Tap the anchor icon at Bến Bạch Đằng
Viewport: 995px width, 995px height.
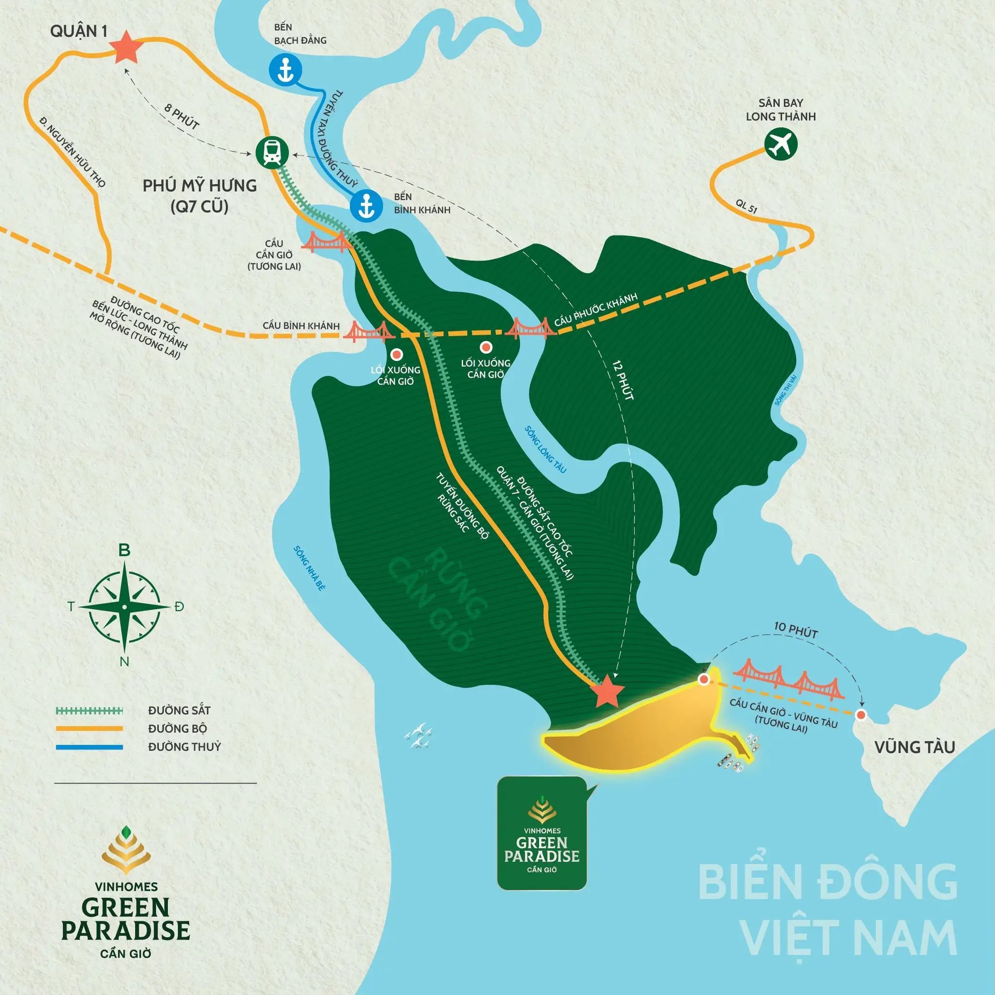[x=285, y=69]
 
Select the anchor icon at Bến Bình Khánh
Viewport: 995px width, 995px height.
[x=366, y=206]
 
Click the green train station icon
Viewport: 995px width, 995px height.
[x=272, y=153]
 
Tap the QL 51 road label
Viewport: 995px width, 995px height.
[x=746, y=206]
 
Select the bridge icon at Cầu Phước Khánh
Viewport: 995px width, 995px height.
[x=530, y=327]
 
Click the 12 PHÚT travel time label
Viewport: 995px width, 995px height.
[x=623, y=380]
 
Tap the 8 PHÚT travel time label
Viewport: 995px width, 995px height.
[x=181, y=116]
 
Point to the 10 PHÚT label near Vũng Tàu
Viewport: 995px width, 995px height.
[x=796, y=630]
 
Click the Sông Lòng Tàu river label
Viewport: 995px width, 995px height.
[x=545, y=449]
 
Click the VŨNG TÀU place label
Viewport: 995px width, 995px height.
[x=915, y=747]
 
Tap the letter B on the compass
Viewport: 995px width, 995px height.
[x=124, y=550]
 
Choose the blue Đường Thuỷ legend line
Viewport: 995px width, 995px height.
[x=89, y=747]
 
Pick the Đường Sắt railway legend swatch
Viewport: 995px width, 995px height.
[x=89, y=711]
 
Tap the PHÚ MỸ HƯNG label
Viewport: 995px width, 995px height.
[x=199, y=186]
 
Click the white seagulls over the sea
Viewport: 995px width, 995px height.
[x=419, y=736]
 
